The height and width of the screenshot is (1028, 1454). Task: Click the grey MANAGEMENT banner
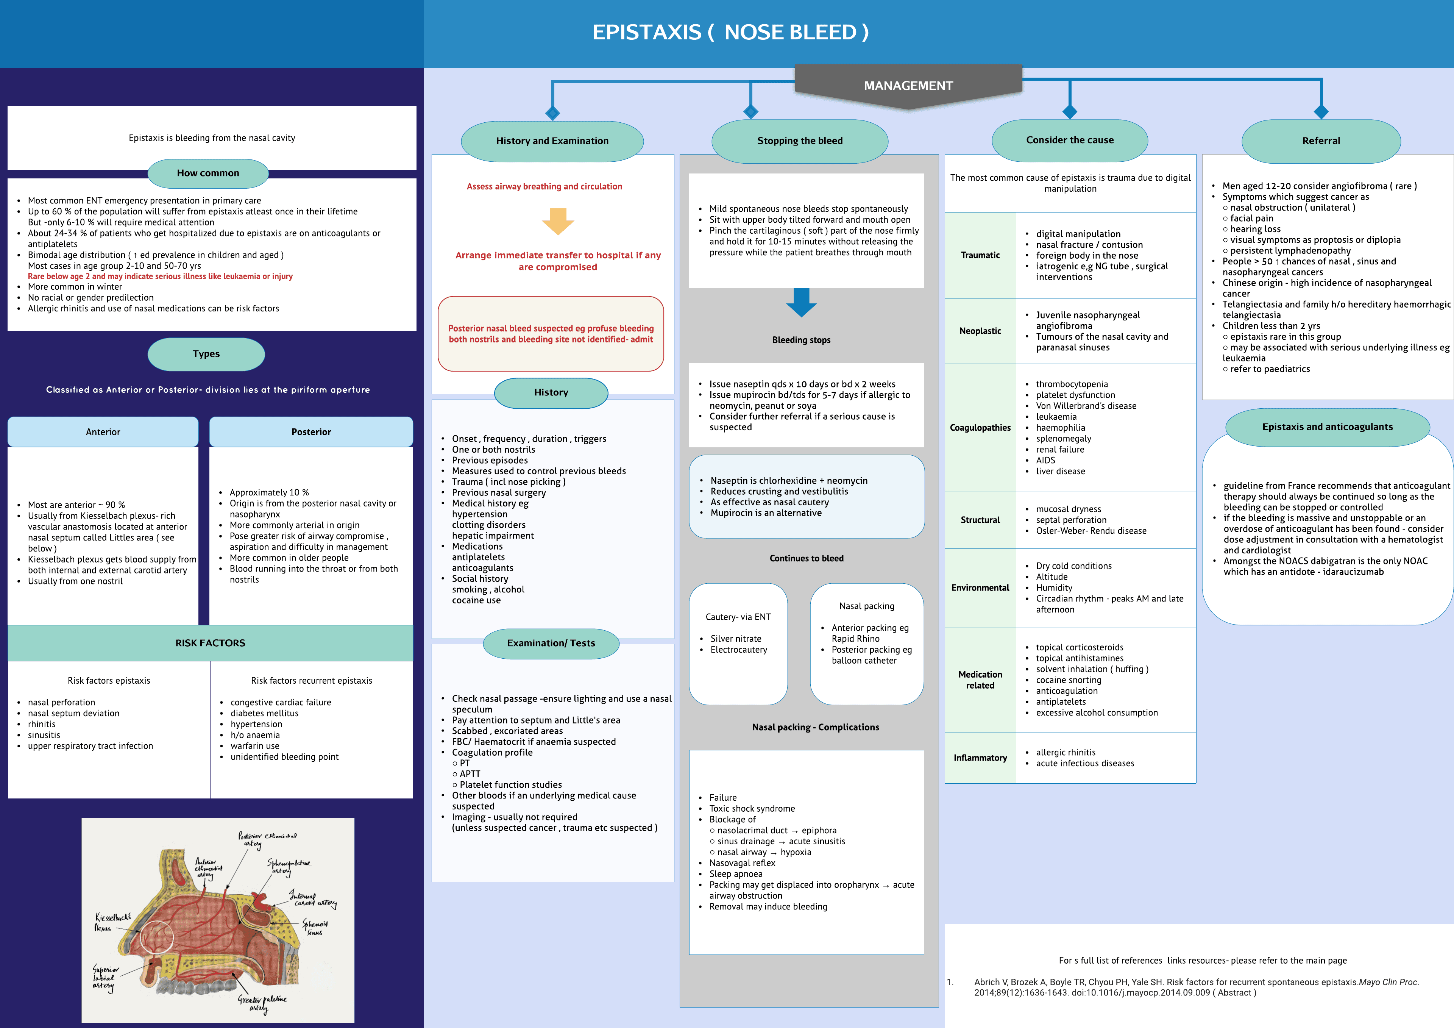point(908,86)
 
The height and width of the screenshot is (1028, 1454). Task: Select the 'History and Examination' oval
point(552,141)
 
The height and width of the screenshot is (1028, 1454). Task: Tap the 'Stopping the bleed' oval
point(800,141)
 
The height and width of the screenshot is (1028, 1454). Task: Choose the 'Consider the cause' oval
point(1070,140)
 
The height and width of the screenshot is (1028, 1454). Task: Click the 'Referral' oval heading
point(1321,141)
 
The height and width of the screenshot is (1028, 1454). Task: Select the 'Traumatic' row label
point(980,255)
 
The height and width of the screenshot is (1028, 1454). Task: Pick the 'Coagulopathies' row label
point(980,428)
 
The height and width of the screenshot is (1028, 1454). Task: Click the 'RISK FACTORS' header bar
point(210,643)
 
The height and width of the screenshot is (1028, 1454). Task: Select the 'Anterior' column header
point(103,432)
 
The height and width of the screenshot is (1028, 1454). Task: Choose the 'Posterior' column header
point(311,432)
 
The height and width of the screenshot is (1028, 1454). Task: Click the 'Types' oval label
point(206,354)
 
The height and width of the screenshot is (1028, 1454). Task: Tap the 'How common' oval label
point(208,173)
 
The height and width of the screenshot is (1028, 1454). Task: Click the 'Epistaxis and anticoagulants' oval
point(1328,427)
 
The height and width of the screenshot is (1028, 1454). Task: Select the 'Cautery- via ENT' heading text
point(738,617)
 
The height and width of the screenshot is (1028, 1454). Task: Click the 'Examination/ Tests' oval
point(551,643)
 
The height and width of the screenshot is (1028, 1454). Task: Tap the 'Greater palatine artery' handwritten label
point(262,1003)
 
